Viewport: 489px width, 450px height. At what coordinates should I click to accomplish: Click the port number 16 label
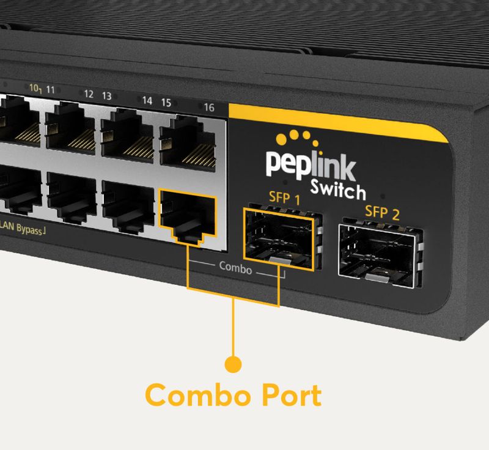coord(209,108)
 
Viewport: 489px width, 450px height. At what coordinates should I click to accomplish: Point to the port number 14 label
coord(147,101)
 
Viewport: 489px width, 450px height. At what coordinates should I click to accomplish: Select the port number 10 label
coord(34,88)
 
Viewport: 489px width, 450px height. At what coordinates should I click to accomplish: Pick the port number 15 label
coord(166,101)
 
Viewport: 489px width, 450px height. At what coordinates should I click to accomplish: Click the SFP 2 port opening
coord(380,253)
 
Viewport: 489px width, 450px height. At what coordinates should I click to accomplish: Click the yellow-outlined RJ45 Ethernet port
coord(187,217)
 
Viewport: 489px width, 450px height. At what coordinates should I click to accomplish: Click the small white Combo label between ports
coord(235,267)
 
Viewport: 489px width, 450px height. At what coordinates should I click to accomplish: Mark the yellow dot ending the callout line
coord(233,365)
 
